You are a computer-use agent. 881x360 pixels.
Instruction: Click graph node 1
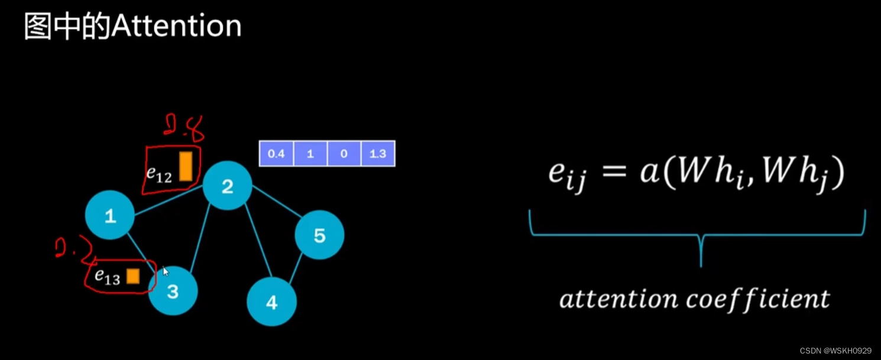tap(110, 215)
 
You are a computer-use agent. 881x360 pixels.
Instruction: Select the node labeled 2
tap(228, 186)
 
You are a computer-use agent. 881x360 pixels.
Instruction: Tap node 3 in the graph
tap(173, 290)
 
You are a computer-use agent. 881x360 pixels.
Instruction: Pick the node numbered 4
tap(271, 302)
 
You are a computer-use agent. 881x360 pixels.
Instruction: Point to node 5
tap(319, 235)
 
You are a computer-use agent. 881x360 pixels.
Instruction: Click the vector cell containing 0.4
tap(276, 154)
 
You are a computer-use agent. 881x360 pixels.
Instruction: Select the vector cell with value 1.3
tap(377, 154)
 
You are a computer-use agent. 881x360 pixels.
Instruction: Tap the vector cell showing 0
tap(344, 154)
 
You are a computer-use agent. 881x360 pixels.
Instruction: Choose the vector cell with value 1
tap(310, 154)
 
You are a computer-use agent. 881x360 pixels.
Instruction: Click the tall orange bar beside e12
tap(186, 166)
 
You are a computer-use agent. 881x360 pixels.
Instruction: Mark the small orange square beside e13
tap(132, 276)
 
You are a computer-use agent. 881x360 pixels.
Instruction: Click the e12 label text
tap(158, 174)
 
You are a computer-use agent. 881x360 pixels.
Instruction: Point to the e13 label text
tap(108, 277)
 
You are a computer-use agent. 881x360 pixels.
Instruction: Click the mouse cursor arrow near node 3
tap(166, 271)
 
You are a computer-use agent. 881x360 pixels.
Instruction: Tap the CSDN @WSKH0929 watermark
tap(835, 351)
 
